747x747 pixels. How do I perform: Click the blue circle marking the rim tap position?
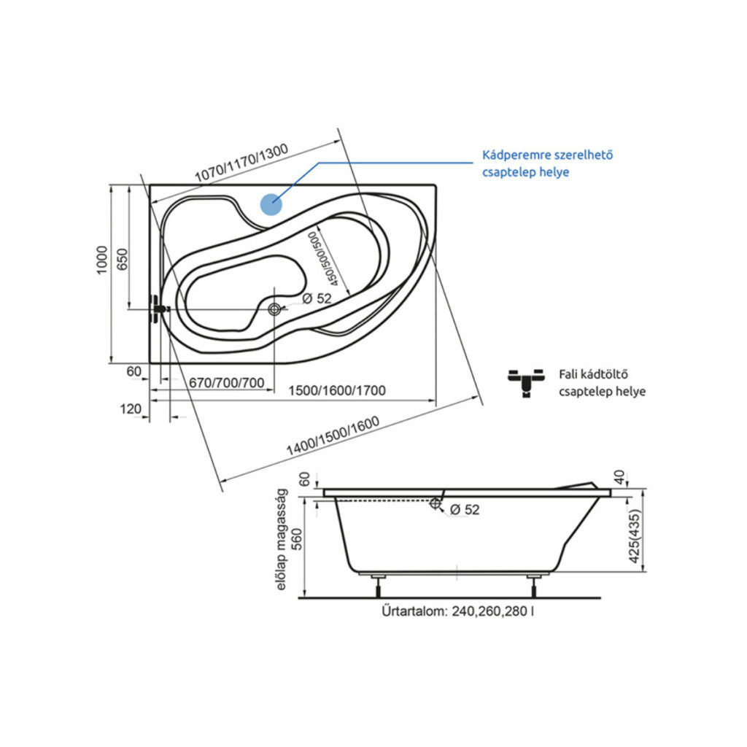coord(271,204)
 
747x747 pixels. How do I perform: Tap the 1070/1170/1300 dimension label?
coord(241,163)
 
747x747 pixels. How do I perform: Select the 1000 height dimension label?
coord(102,260)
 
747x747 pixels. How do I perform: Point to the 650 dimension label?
coord(123,259)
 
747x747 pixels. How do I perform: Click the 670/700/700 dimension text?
coord(226,382)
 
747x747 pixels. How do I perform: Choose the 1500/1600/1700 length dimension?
coord(337,391)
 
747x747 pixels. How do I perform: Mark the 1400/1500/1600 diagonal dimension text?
coord(333,436)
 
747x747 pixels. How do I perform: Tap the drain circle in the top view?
coord(274,309)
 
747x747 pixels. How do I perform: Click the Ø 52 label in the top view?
coord(317,298)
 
